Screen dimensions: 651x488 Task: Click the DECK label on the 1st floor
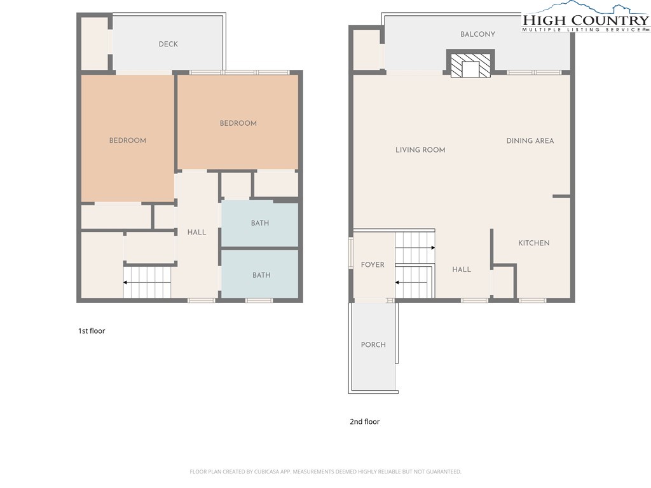[x=168, y=44]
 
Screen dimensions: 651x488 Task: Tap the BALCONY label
[x=477, y=34]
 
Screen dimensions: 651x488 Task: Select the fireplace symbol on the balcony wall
[x=470, y=63]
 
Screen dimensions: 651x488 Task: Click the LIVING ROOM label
[x=420, y=150]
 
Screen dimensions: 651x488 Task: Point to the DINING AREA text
[x=530, y=140]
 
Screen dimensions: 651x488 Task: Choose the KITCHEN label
[x=533, y=243]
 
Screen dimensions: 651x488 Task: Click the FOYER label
[x=373, y=265]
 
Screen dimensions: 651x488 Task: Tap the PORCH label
[x=373, y=345]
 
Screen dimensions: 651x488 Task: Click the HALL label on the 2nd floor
[x=462, y=269]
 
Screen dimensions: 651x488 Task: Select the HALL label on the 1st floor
[x=196, y=233]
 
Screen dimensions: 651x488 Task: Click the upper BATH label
[x=260, y=223]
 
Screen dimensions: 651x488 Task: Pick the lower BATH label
[x=261, y=275]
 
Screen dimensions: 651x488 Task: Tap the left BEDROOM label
[x=127, y=140]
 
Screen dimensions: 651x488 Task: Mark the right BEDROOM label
[x=238, y=123]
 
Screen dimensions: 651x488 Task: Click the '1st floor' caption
[x=92, y=330]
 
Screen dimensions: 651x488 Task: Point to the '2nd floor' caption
[x=364, y=422]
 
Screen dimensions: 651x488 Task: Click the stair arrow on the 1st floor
[x=147, y=283]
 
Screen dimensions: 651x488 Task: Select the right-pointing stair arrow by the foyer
[x=415, y=248]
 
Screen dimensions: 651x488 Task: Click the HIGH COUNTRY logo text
[x=586, y=20]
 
